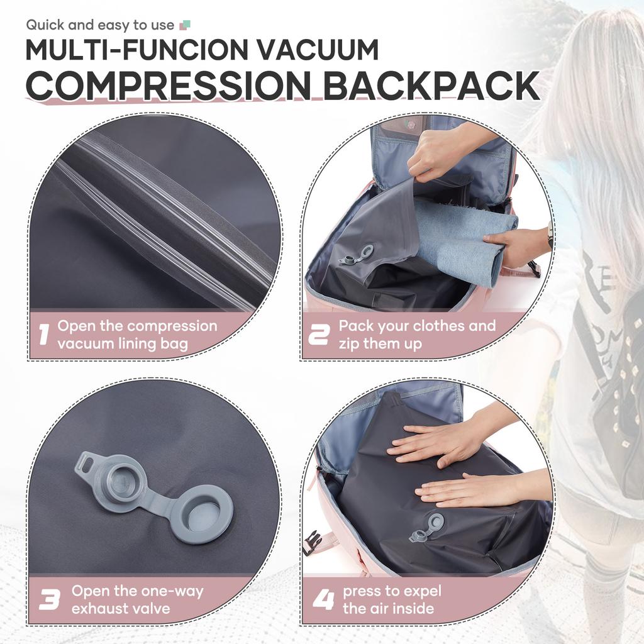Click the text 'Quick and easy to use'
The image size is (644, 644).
pos(100,25)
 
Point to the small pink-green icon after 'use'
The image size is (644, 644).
pos(185,25)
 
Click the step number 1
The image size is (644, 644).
pos(43,335)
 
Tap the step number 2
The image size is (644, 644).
pos(318,335)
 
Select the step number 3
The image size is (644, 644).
pos(49,599)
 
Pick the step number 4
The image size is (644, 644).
pos(323,599)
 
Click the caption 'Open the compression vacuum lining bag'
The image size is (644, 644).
pos(137,335)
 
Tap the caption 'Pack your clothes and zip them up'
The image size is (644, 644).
pos(417,335)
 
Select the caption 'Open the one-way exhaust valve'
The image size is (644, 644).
pos(137,599)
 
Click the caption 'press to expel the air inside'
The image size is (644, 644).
pos(391,599)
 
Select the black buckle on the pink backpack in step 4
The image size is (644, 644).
pos(312,542)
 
